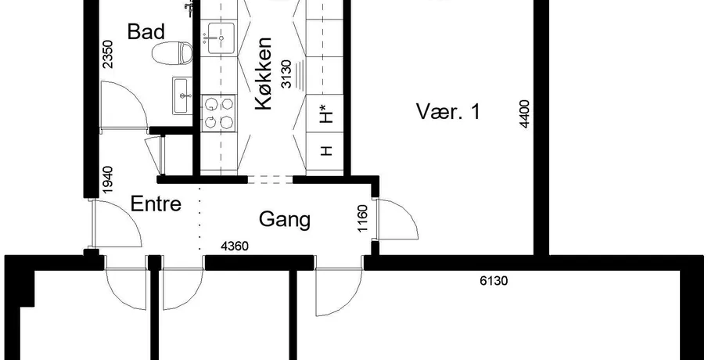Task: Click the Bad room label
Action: click(x=146, y=32)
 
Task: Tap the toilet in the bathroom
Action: click(x=171, y=53)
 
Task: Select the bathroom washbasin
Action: click(x=181, y=95)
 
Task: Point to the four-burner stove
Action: click(x=218, y=113)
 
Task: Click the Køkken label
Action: click(x=264, y=74)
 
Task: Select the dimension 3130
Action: click(x=286, y=74)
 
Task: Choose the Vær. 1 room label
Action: click(x=448, y=112)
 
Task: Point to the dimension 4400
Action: click(x=524, y=113)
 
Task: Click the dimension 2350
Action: click(x=108, y=54)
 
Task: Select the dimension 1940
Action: click(x=108, y=180)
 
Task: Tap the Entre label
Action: click(x=156, y=204)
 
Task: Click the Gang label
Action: click(x=285, y=220)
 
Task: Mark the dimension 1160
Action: click(x=362, y=218)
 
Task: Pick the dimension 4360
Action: click(x=235, y=247)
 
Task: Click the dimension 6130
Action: click(x=494, y=281)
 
